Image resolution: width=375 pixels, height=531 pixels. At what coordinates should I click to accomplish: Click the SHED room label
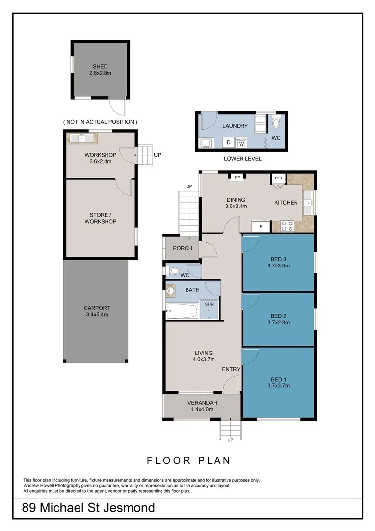click(x=100, y=67)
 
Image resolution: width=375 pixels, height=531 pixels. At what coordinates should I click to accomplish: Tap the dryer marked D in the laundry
click(x=228, y=143)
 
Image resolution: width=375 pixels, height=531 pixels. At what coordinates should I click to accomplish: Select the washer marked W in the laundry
click(x=241, y=143)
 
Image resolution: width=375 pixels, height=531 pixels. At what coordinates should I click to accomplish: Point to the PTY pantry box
click(x=279, y=178)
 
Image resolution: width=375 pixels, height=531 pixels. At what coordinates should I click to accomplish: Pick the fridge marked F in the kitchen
click(x=261, y=226)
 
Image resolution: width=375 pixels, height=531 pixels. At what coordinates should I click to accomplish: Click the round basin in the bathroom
click(x=171, y=291)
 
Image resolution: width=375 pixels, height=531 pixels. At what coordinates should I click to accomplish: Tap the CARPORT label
click(x=95, y=308)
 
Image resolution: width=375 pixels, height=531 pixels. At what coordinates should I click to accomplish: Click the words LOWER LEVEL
click(x=242, y=159)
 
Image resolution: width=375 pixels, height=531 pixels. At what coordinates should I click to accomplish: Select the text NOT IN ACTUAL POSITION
click(x=100, y=122)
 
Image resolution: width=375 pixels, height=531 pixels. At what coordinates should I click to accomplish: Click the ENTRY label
click(x=231, y=369)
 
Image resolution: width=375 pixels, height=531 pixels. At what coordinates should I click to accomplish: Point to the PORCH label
click(x=183, y=248)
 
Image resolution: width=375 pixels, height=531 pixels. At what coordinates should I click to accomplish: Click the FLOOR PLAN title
click(x=188, y=461)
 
